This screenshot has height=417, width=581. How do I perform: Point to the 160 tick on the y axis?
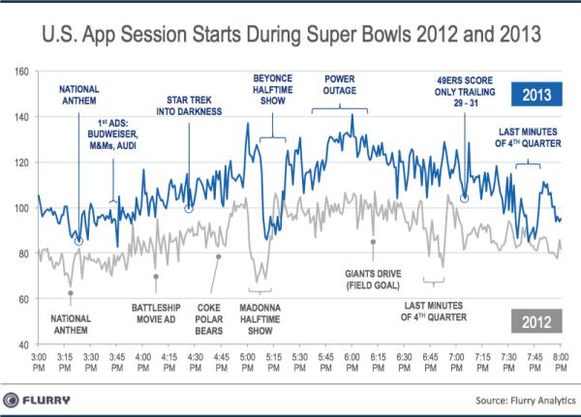coord(22,72)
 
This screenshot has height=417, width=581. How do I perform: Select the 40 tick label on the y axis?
coord(22,344)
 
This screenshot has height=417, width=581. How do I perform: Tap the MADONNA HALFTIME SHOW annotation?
coord(257,320)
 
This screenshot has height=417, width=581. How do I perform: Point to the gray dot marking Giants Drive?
coord(373,242)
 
